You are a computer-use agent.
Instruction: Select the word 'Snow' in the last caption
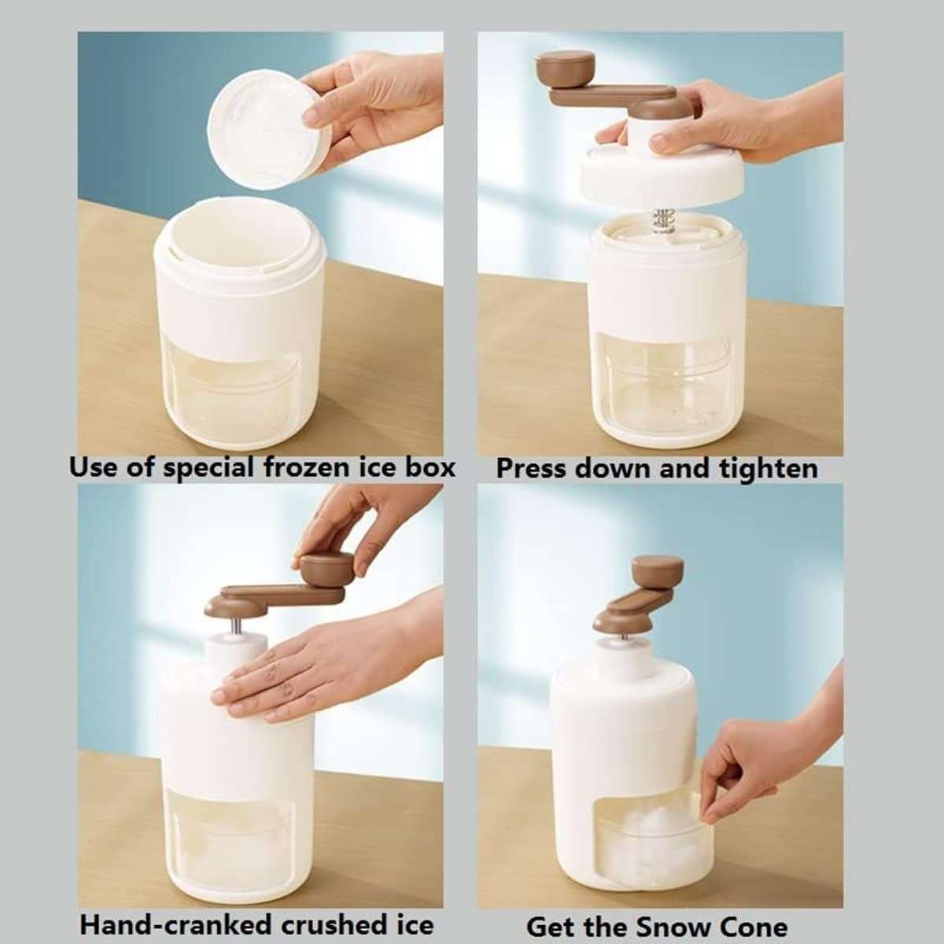click(x=674, y=926)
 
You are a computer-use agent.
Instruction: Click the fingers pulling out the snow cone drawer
click(x=728, y=787)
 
